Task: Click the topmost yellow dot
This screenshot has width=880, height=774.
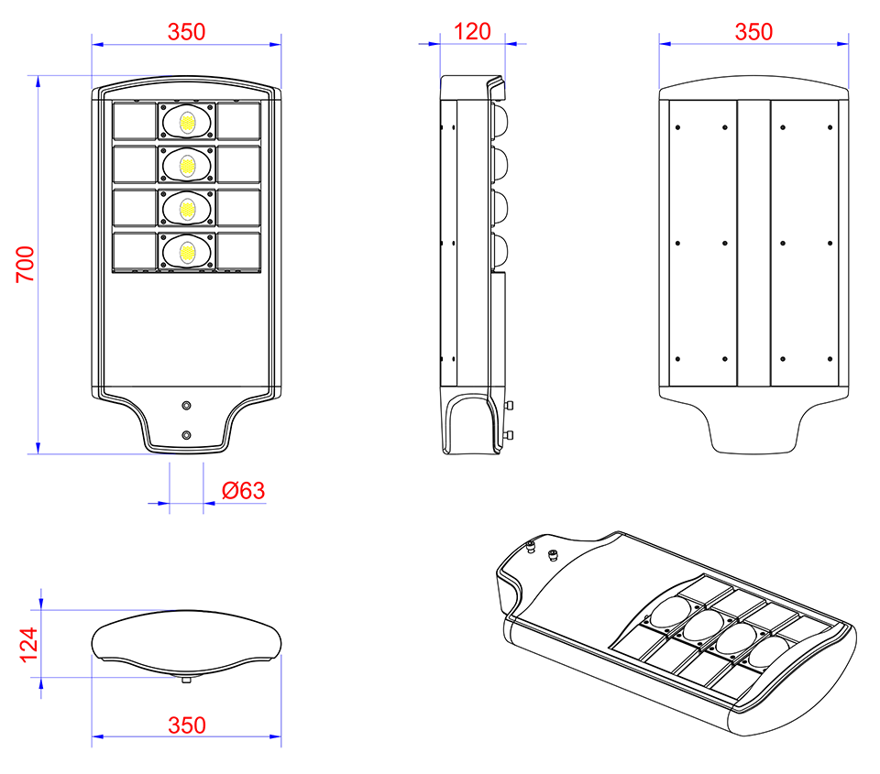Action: [x=187, y=123]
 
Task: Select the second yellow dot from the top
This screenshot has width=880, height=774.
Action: [x=187, y=166]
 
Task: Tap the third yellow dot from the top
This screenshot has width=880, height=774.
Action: [x=187, y=210]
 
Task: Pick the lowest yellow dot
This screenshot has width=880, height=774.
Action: [x=187, y=253]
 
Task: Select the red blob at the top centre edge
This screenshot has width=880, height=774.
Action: [x=472, y=31]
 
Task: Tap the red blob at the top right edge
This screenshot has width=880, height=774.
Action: [x=753, y=31]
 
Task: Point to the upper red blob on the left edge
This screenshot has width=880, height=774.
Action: [x=24, y=266]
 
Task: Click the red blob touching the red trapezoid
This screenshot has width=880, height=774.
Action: [x=240, y=491]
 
